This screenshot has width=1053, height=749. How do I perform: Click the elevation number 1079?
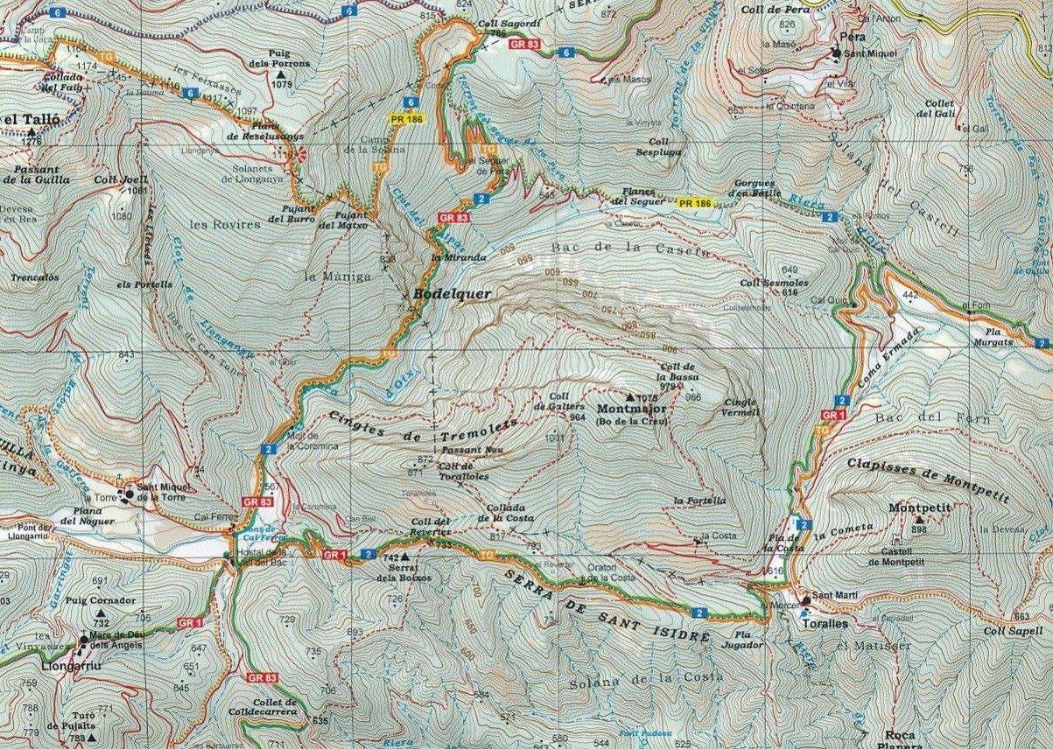(x=283, y=85)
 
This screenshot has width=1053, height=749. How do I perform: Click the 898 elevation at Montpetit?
(x=918, y=530)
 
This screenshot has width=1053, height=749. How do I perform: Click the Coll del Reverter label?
(x=431, y=526)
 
